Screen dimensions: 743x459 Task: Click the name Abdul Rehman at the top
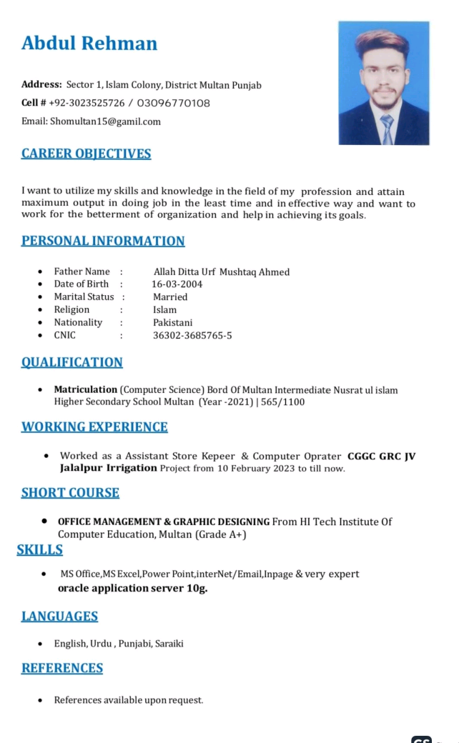(89, 44)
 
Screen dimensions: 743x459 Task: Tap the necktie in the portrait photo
(387, 129)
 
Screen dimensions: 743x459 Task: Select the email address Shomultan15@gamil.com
(105, 121)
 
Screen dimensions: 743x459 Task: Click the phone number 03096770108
(174, 104)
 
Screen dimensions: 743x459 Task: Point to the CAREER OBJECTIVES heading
(86, 154)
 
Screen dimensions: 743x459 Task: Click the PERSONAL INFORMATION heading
(103, 241)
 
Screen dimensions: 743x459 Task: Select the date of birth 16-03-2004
(177, 284)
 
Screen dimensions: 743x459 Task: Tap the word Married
(170, 296)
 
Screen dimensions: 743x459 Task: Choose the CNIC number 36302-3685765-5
(192, 335)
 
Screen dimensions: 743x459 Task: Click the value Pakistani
(172, 322)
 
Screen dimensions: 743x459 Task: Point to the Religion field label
(71, 309)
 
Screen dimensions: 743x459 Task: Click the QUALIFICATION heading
(72, 362)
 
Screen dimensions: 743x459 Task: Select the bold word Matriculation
(85, 389)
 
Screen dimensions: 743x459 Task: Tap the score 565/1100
(283, 402)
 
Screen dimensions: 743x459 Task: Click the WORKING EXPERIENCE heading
(94, 427)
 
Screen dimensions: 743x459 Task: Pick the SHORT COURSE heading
(70, 492)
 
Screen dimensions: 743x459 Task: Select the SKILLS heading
(40, 549)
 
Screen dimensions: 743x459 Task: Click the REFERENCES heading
(62, 668)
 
